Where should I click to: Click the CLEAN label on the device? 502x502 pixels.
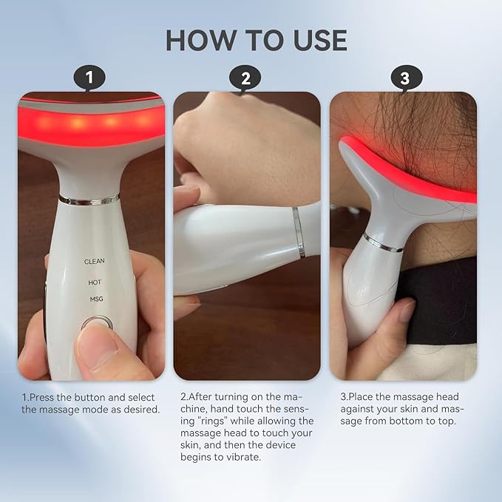point(95,262)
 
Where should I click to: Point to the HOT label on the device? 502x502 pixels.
point(94,282)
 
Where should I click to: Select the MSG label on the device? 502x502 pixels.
point(94,299)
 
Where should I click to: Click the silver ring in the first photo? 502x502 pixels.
point(89,200)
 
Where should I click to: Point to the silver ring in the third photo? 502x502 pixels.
point(382,242)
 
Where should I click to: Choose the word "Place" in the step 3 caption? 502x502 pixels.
point(362,397)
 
